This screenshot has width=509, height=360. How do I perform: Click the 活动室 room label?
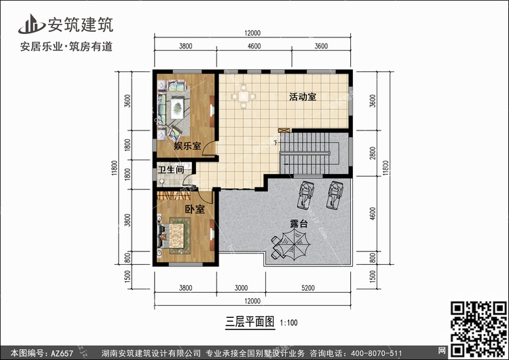point(303,97)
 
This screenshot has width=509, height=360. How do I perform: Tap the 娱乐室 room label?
point(187,146)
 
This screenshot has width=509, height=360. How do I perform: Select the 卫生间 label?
point(171,170)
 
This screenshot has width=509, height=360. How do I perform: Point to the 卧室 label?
point(195,209)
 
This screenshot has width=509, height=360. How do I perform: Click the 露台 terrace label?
point(299,223)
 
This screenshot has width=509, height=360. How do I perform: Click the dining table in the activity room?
point(244,96)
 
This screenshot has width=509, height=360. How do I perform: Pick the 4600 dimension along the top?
point(254,46)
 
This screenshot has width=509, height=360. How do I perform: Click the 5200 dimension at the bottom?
point(308,288)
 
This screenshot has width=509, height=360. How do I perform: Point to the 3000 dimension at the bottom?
point(241,288)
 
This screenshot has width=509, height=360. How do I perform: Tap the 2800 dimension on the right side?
point(373,153)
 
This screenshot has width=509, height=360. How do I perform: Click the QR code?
point(478,329)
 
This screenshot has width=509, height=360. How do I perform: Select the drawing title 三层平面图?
point(250,322)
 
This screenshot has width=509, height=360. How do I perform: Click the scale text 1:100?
point(288,323)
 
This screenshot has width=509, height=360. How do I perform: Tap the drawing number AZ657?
point(62,353)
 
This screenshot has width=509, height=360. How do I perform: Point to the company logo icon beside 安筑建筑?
point(31,24)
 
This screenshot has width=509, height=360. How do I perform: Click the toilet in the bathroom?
point(162,181)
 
